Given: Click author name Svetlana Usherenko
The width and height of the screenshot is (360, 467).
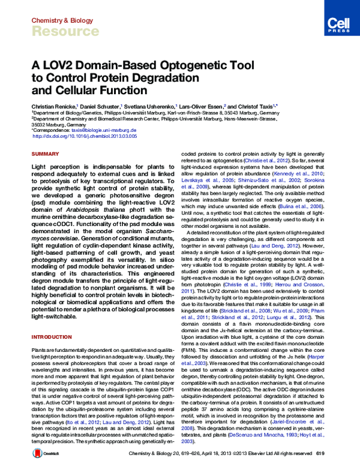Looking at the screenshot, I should point(152,106).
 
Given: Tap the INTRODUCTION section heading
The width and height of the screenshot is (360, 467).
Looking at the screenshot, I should point(52,320).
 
